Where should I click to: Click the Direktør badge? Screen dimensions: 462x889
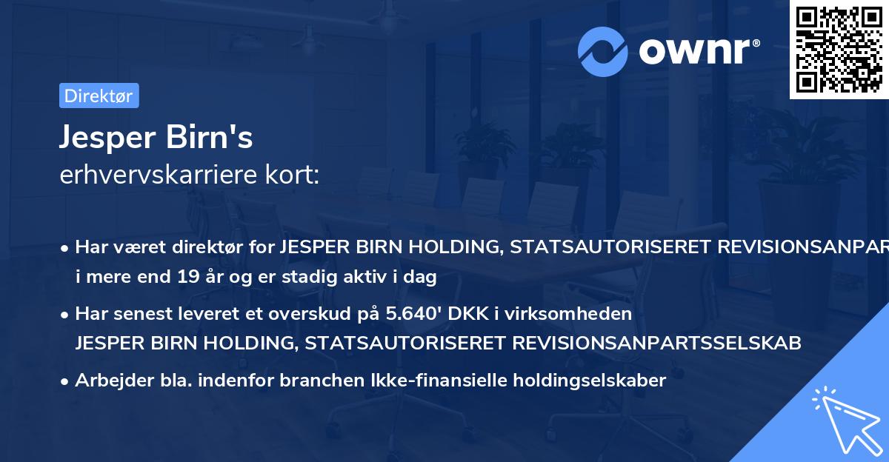tap(99, 96)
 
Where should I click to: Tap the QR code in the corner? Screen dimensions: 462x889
tap(839, 49)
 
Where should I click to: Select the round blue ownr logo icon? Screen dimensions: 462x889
tap(603, 52)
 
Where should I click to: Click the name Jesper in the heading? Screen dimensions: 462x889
tap(104, 137)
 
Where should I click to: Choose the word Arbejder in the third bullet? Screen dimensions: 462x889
tap(109, 381)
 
